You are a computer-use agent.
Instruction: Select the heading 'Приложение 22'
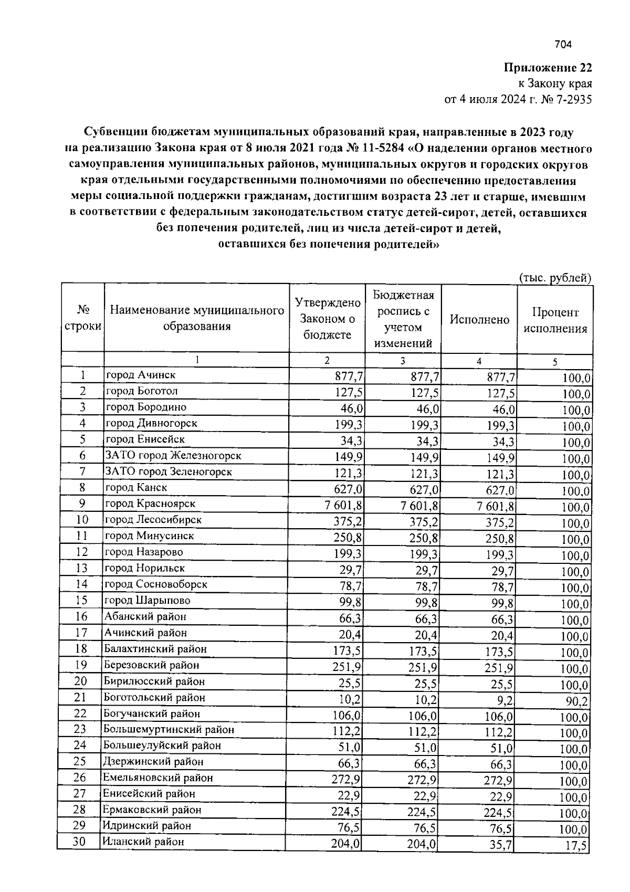pyautogui.click(x=548, y=68)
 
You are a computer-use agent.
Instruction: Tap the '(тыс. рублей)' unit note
pyautogui.click(x=555, y=278)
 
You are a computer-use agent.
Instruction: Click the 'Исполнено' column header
pyautogui.click(x=479, y=319)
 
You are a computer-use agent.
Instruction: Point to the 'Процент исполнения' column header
pyautogui.click(x=555, y=321)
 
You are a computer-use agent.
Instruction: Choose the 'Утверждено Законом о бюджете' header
pyautogui.click(x=327, y=319)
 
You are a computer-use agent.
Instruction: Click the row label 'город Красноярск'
pyautogui.click(x=150, y=503)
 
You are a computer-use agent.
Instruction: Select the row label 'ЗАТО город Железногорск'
pyautogui.click(x=173, y=456)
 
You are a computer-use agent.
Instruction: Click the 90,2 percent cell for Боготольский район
pyautogui.click(x=577, y=701)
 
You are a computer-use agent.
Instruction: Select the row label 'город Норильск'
pyautogui.click(x=145, y=568)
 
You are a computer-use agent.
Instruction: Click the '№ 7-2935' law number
pyautogui.click(x=567, y=99)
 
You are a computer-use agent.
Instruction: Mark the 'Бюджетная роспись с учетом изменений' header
pyautogui.click(x=403, y=319)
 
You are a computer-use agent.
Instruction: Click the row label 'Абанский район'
pyautogui.click(x=145, y=616)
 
